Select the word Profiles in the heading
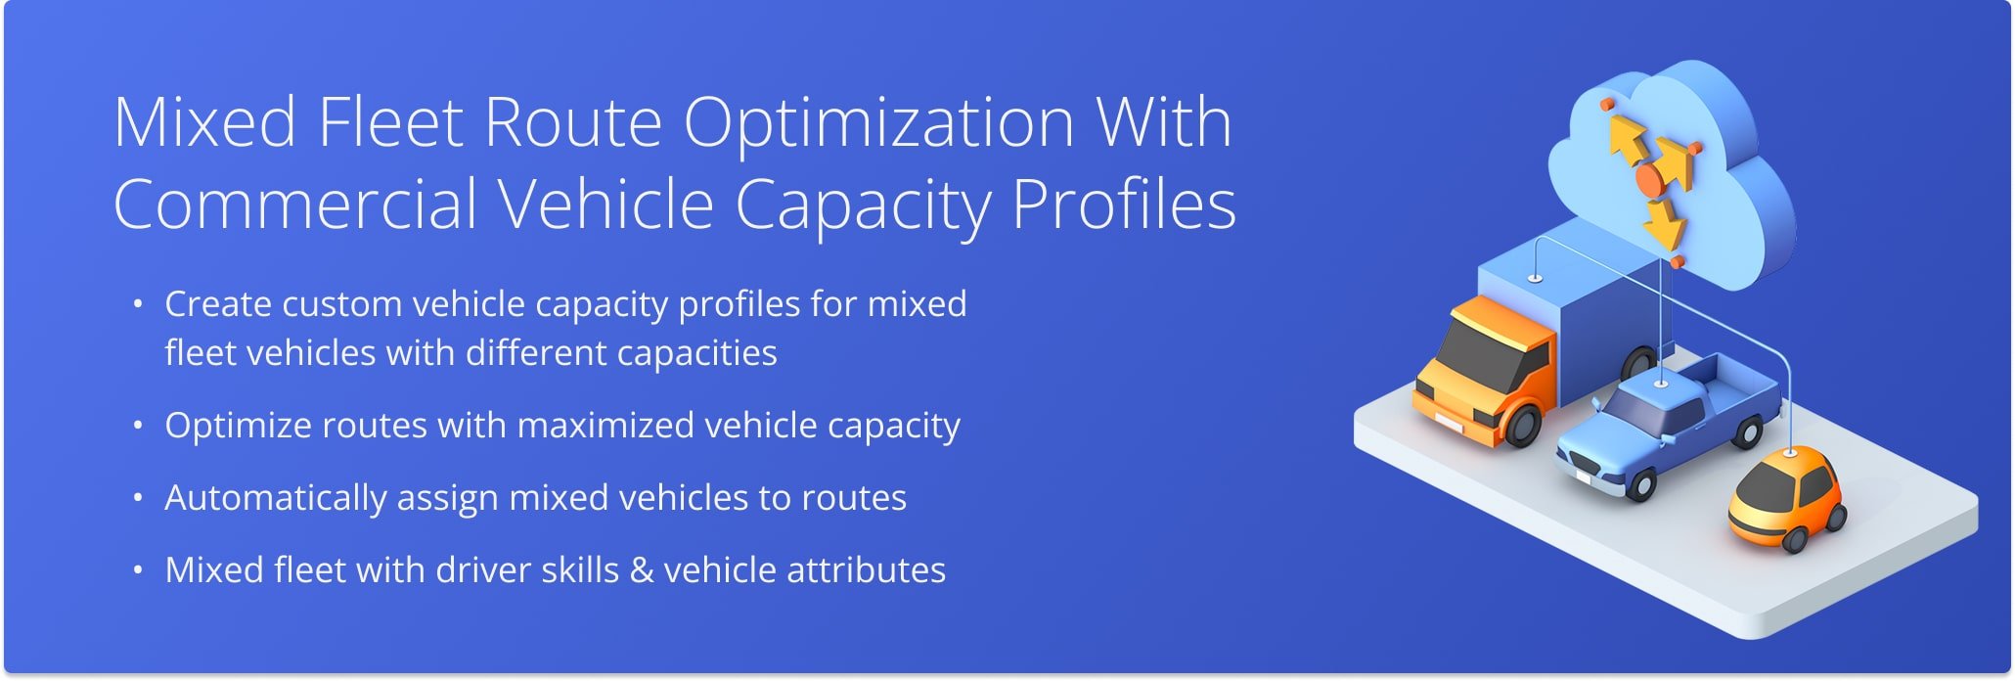coord(1124,204)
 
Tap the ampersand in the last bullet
coord(642,570)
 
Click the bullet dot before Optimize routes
coord(138,426)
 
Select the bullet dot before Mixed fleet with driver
coord(138,569)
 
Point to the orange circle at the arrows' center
coord(1650,180)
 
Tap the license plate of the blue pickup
coord(1582,477)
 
